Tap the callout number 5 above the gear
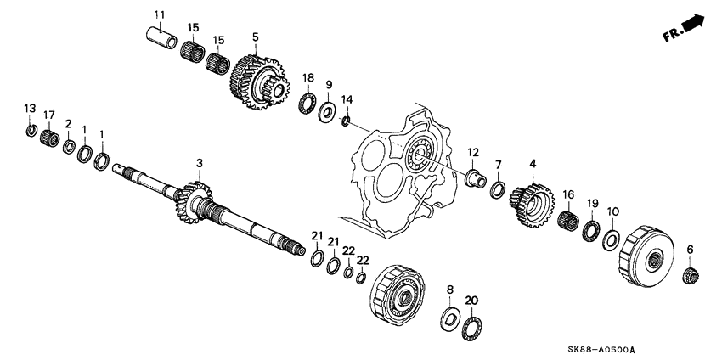coord(254,37)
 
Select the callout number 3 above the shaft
coord(200,162)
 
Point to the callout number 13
coord(30,108)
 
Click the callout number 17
coord(49,115)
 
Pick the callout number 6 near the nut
coord(690,249)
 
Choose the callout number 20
coord(472,300)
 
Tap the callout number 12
coord(473,152)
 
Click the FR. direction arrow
coord(686,31)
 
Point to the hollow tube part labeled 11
coord(161,37)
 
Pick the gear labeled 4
coord(530,205)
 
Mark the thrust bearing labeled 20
coord(472,328)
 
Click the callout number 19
coord(593,203)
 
